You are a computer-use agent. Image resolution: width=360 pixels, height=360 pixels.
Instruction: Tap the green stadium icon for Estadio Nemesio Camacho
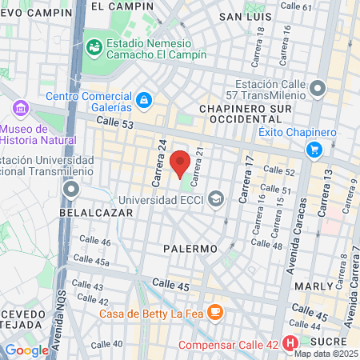tap(94, 46)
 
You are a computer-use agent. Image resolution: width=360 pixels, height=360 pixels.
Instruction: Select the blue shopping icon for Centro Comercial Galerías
tap(144, 100)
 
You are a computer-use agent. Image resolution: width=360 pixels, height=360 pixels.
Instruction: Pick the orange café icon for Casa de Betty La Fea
tap(214, 311)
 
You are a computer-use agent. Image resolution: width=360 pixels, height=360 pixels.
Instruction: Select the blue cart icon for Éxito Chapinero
tap(314, 149)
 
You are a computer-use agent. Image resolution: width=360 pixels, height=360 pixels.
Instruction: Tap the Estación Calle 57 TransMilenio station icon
tap(318, 87)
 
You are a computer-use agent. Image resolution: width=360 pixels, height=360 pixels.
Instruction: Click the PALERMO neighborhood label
tap(190, 249)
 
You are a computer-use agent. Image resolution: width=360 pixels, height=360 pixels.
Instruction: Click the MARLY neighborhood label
tap(313, 286)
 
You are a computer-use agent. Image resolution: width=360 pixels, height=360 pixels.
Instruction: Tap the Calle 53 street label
tap(118, 121)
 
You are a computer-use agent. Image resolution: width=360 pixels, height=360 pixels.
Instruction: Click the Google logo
tap(26, 350)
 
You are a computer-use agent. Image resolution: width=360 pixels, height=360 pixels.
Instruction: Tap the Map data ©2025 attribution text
tap(325, 354)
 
